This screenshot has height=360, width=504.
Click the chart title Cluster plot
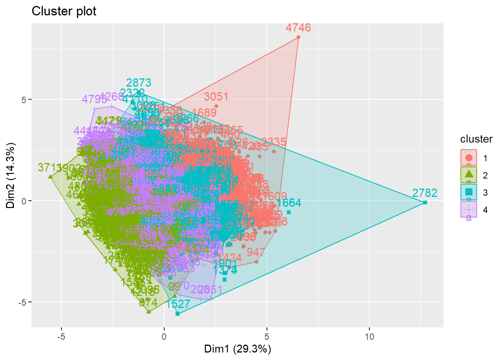pyautogui.click(x=64, y=11)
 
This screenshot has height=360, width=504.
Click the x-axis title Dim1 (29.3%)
pyautogui.click(x=237, y=349)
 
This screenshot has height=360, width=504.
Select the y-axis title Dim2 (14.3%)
pyautogui.click(x=10, y=175)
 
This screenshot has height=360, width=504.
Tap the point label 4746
pyautogui.click(x=298, y=28)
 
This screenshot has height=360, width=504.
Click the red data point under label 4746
pyautogui.click(x=298, y=37)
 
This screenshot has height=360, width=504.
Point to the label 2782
pyautogui.click(x=424, y=193)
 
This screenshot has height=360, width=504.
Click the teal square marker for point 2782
pyautogui.click(x=425, y=202)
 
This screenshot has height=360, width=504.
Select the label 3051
pyautogui.click(x=216, y=97)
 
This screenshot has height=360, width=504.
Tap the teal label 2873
pyautogui.click(x=139, y=83)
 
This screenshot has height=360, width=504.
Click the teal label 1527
pyautogui.click(x=178, y=304)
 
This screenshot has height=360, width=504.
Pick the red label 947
pyautogui.click(x=256, y=252)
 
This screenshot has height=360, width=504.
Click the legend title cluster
pyautogui.click(x=476, y=139)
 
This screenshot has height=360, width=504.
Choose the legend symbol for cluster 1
pyautogui.click(x=469, y=157)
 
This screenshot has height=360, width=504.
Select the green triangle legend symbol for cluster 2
pyautogui.click(x=469, y=174)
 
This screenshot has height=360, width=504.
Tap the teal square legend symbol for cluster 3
pyautogui.click(x=469, y=192)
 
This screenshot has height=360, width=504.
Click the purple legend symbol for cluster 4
pyautogui.click(x=469, y=209)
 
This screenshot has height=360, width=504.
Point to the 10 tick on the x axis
pyautogui.click(x=369, y=336)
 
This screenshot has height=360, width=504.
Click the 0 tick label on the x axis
pyautogui.click(x=164, y=336)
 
